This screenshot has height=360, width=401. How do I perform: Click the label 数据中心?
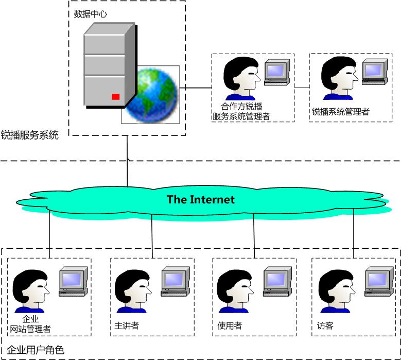coord(90,14)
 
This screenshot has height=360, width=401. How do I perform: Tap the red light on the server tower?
coord(116,96)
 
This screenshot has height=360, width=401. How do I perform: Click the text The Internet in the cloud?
coord(200,199)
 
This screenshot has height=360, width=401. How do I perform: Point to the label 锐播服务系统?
coord(30,135)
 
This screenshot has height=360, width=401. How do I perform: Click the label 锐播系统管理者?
coord(340,111)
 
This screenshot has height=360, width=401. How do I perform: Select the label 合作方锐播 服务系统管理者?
coord(241,112)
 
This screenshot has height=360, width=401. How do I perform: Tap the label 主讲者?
coord(127,325)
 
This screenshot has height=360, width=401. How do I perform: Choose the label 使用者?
coord(230,325)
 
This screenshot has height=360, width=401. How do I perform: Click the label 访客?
coord(325,325)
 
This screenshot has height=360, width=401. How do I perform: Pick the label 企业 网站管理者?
coord(31,324)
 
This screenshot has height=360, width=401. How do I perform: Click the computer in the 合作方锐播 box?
coord(276,72)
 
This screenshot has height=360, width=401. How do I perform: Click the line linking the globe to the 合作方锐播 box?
coord(196,88)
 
